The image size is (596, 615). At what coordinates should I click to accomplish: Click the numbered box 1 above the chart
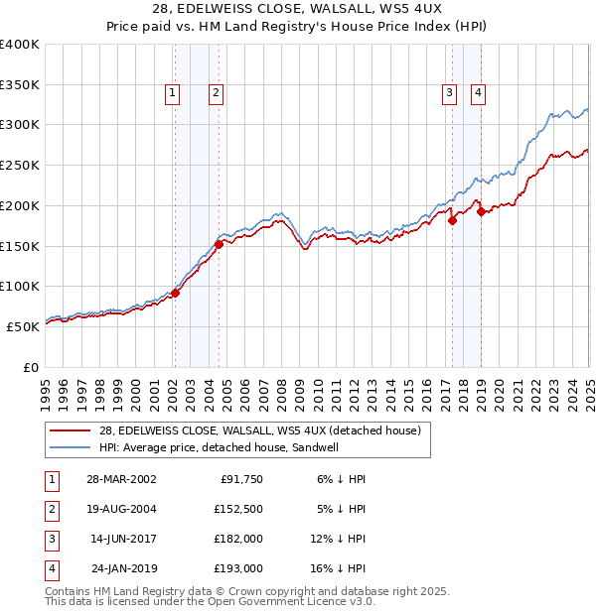(173, 94)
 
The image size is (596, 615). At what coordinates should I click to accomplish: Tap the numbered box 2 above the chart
(216, 94)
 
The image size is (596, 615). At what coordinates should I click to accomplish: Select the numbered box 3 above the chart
(449, 94)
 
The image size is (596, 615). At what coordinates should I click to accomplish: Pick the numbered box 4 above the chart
(478, 94)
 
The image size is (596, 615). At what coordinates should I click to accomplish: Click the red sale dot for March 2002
(175, 293)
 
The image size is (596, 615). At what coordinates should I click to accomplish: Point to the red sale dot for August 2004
(219, 244)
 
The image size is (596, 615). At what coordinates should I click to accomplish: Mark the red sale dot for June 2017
(452, 220)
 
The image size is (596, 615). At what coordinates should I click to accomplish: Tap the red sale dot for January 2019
(481, 211)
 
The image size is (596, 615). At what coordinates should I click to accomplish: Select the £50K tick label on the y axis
(24, 326)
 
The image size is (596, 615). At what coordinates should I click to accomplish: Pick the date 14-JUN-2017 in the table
(123, 540)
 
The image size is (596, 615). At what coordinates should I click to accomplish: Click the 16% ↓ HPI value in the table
(338, 569)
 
